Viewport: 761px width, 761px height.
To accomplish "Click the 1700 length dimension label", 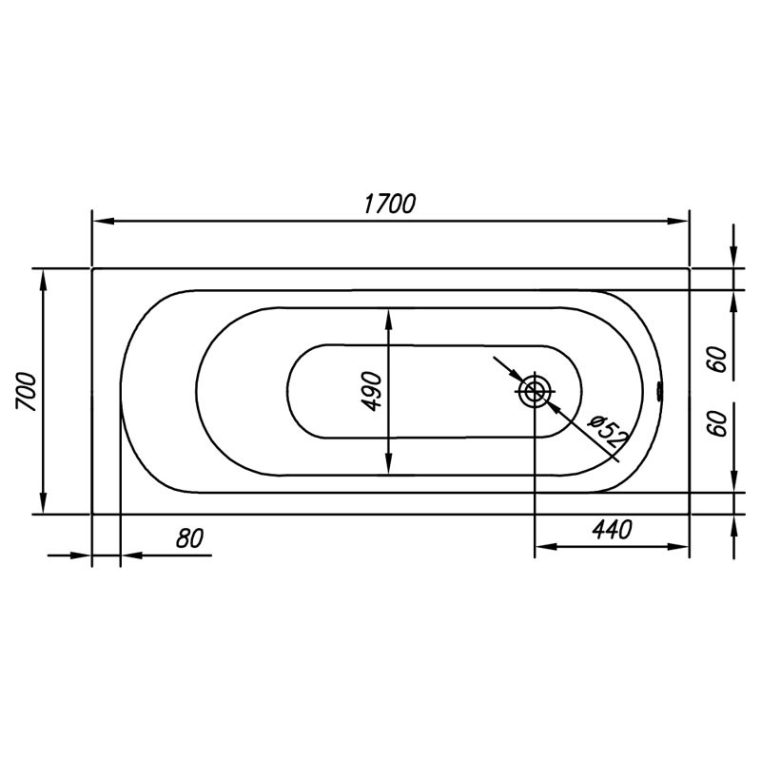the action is click(390, 204).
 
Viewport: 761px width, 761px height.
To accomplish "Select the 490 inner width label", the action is click(373, 391).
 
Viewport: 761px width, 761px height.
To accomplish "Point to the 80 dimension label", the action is click(189, 538).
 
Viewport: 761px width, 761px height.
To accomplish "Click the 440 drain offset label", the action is click(612, 530).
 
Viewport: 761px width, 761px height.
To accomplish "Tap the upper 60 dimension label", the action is click(719, 360).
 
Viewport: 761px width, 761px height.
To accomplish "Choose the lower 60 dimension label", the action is click(719, 423).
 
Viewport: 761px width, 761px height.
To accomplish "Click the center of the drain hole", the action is click(535, 391).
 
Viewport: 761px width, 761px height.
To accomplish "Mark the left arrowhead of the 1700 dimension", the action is click(104, 221).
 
